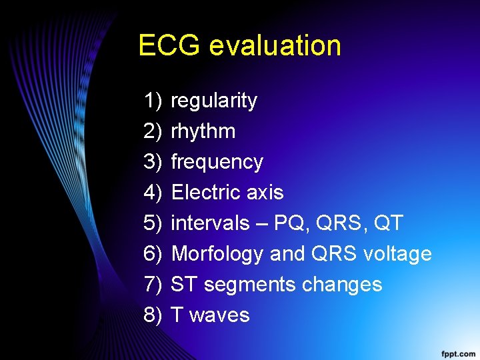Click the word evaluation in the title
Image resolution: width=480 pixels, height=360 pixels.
click(275, 45)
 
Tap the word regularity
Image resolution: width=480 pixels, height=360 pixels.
click(214, 101)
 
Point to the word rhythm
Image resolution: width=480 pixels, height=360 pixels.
click(203, 131)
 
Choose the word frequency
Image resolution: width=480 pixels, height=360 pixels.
click(217, 162)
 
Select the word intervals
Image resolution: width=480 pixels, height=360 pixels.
click(210, 223)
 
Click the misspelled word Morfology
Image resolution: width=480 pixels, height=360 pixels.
click(218, 254)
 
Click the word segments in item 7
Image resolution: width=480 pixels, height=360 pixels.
click(250, 285)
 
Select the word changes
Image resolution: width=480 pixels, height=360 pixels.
click(342, 285)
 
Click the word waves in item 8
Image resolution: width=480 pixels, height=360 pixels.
click(219, 315)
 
